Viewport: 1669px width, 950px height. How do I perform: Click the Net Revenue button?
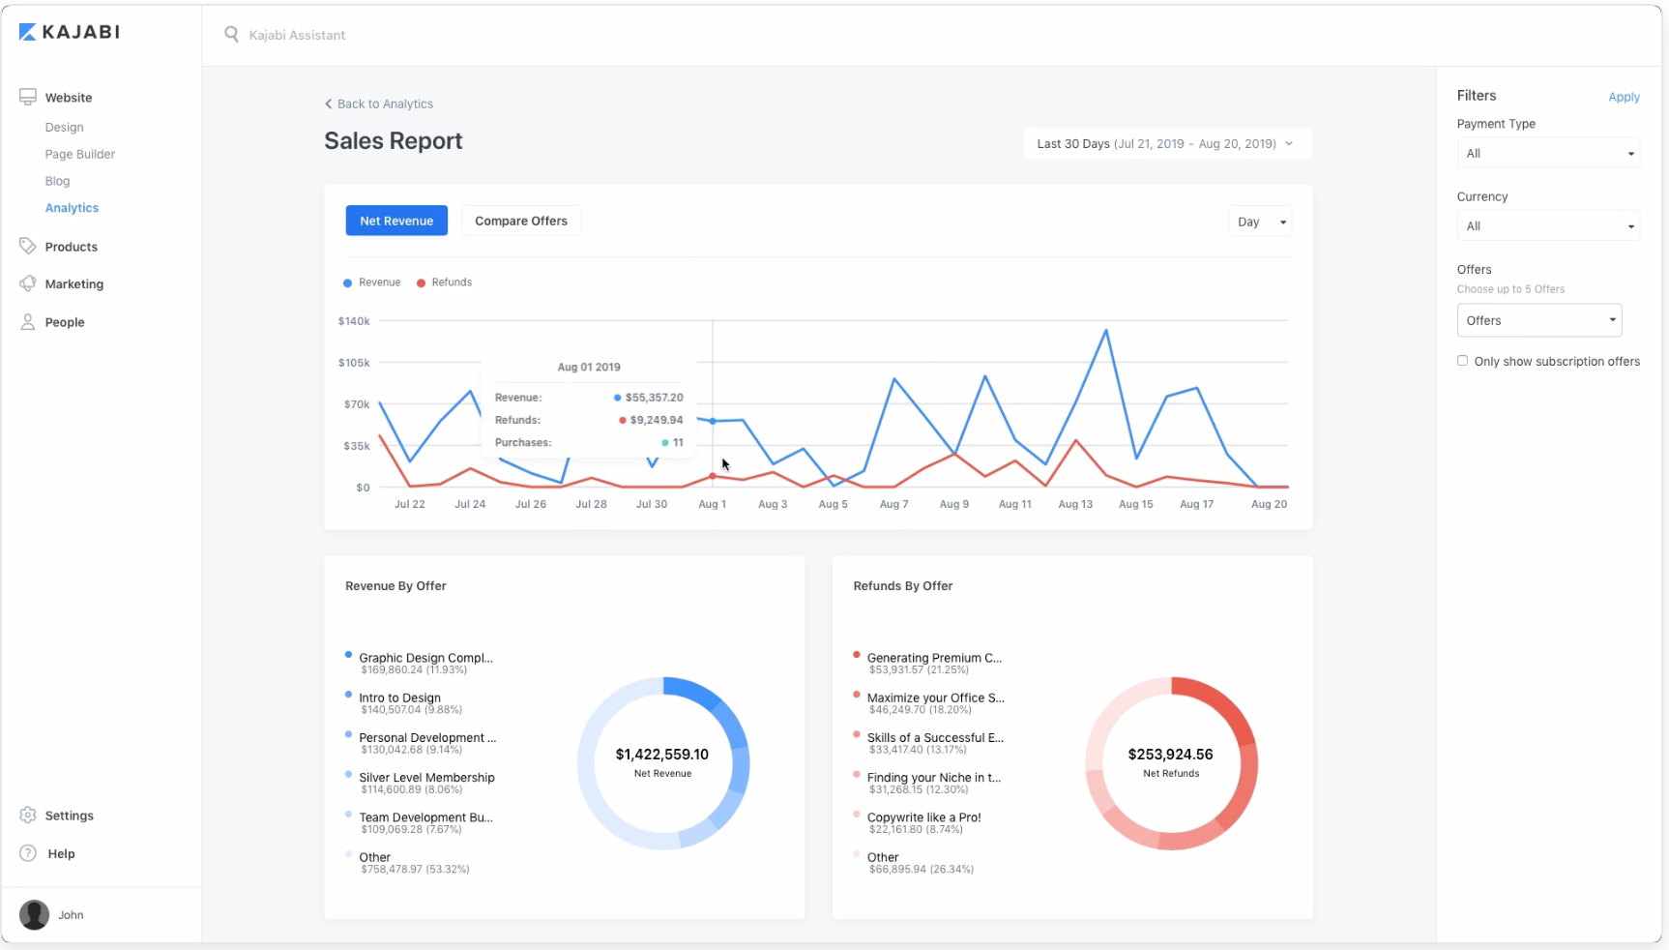(396, 221)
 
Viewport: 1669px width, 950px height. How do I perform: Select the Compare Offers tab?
(520, 221)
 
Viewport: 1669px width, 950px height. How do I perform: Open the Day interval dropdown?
(1259, 222)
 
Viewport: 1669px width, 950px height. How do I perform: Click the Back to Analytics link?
(379, 104)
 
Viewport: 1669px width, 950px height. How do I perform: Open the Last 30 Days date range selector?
(1166, 143)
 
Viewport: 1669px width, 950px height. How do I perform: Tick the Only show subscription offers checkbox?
(1462, 361)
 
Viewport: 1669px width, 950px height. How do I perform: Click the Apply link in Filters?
(1624, 97)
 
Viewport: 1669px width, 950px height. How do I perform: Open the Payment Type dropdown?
(1547, 153)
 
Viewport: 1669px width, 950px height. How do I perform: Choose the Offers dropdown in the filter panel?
(1538, 320)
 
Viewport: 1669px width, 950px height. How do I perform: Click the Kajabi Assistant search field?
(297, 35)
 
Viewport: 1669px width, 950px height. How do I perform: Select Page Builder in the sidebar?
(79, 154)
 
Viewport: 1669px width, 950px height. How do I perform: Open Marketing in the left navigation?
(73, 284)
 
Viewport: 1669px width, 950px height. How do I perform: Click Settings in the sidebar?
(69, 816)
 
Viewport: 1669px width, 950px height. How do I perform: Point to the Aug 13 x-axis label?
(1074, 504)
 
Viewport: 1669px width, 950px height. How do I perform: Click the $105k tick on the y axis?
(354, 363)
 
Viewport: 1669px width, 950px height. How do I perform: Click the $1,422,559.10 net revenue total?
(662, 755)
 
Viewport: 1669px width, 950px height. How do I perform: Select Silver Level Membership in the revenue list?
(426, 778)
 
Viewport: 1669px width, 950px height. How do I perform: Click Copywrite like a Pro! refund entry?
(923, 817)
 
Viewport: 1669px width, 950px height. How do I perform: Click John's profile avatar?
(35, 914)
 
